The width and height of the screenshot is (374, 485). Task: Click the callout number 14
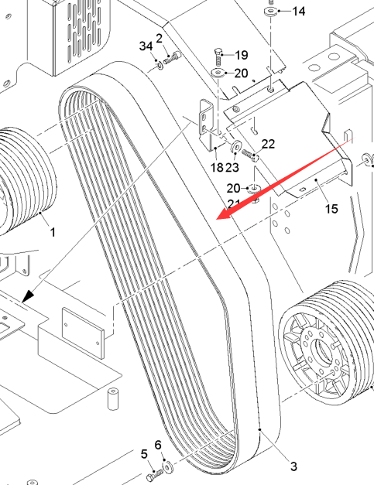[299, 12]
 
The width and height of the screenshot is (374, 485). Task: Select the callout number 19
[242, 55]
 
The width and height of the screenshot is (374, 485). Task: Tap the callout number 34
[146, 46]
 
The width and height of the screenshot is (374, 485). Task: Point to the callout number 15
[331, 209]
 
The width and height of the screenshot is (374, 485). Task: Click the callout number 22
[268, 144]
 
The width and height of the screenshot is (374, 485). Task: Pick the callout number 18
[217, 167]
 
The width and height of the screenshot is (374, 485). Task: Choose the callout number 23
[232, 167]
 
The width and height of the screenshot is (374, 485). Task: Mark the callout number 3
[293, 466]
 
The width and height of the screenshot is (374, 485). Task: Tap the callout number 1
[53, 232]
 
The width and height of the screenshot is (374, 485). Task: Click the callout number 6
[158, 445]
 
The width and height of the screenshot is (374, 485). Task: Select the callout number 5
[144, 454]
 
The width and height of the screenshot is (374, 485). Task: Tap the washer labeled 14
[270, 12]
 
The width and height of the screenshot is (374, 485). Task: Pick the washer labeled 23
[236, 145]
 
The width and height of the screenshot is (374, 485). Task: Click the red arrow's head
[224, 214]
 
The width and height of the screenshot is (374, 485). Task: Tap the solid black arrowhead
[28, 296]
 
